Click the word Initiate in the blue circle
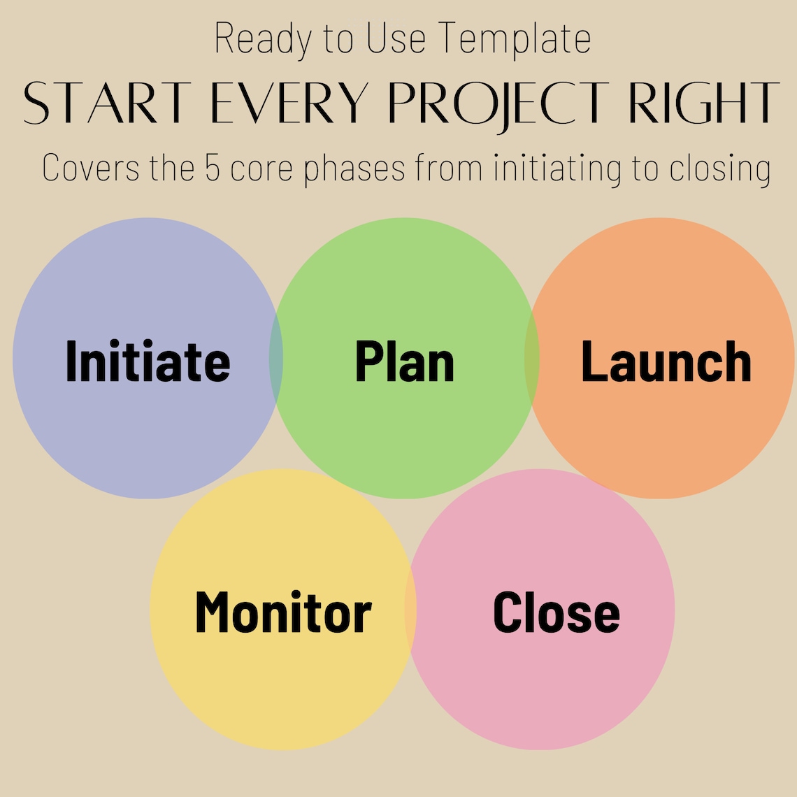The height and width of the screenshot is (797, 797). (x=148, y=361)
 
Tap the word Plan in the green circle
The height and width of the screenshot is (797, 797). (x=404, y=361)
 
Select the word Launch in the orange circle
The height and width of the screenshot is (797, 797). (x=666, y=361)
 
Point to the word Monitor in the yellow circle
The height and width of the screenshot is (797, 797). (x=282, y=612)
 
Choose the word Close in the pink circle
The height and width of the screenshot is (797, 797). (x=556, y=612)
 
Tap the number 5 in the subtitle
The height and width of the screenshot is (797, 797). (x=213, y=168)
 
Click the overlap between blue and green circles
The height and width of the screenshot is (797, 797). (x=276, y=358)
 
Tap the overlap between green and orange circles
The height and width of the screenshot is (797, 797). (x=532, y=358)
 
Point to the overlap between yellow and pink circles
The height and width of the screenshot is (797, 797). (x=410, y=610)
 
